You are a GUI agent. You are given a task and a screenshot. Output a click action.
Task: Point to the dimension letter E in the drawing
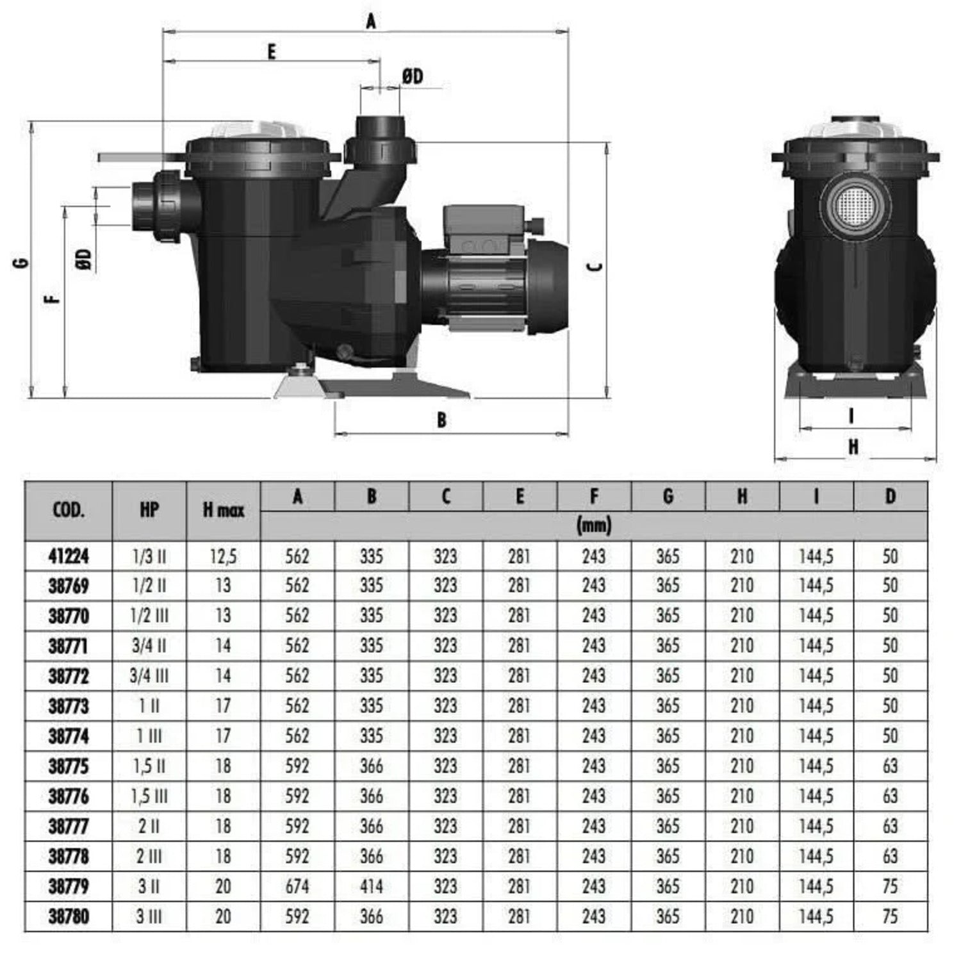pyautogui.click(x=272, y=52)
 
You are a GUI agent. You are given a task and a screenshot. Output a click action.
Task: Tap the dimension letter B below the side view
pyautogui.click(x=441, y=420)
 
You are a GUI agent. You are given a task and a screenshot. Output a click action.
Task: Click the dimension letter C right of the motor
pyautogui.click(x=595, y=266)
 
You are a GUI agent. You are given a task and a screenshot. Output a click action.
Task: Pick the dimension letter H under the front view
pyautogui.click(x=853, y=447)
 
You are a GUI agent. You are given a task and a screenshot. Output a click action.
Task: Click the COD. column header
pyautogui.click(x=68, y=511)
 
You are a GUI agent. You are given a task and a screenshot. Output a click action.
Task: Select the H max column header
pyautogui.click(x=224, y=511)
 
